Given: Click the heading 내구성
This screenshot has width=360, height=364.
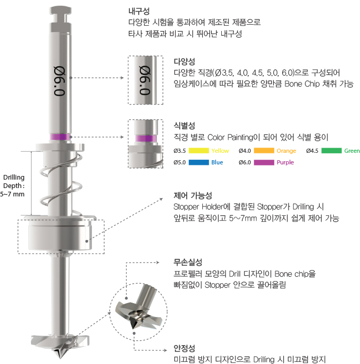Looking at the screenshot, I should click(138, 11).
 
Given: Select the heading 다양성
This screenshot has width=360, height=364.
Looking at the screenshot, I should click(184, 61).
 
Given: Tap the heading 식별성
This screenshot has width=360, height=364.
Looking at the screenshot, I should click(184, 126).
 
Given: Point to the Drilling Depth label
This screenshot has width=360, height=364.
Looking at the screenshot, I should click(14, 185).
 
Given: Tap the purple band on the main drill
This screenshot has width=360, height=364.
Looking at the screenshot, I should click(59, 138).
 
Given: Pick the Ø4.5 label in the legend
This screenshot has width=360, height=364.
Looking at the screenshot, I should click(312, 151).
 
